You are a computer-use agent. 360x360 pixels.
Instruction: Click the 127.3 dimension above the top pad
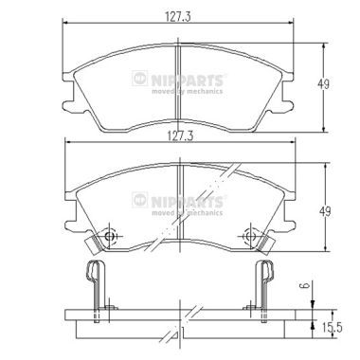178,16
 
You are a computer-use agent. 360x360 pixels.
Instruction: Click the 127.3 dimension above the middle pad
179,136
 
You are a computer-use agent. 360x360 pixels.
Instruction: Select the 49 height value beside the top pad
323,84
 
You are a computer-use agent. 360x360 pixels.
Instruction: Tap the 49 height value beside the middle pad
325,211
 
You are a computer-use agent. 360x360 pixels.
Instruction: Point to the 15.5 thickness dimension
331,328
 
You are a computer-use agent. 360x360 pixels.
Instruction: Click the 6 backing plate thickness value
305,286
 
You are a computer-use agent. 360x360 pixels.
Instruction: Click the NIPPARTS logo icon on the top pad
140,78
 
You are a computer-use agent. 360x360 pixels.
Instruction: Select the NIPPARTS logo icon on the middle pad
140,200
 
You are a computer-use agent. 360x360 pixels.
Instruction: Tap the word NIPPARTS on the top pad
188,80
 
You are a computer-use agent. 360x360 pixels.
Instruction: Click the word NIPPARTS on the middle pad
188,202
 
